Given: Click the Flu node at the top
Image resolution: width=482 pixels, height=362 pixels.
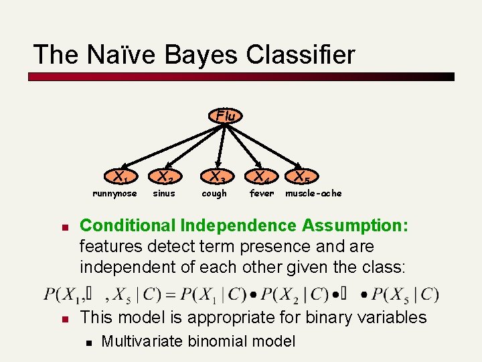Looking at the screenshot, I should tap(226, 116).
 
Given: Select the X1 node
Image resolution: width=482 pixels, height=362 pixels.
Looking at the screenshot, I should tap(120, 178).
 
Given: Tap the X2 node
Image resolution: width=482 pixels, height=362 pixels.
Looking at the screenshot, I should tap(165, 178).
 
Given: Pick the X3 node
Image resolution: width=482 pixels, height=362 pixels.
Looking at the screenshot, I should tap(214, 178).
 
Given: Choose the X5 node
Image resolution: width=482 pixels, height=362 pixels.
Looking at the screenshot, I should tap(298, 178).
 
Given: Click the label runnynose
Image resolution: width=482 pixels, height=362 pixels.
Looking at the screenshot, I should tap(114, 194).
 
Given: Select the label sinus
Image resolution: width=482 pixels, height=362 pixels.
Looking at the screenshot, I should tap(164, 194).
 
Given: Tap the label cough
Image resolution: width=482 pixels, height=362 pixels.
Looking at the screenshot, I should tap(214, 194).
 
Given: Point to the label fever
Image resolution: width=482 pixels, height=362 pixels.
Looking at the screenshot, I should tap(262, 194).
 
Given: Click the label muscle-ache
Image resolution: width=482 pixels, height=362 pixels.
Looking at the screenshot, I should tap(313, 194).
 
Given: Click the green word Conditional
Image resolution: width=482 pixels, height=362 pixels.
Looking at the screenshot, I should tap(127, 226).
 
